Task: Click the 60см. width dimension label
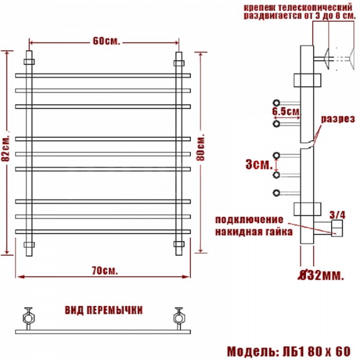pyautogui.click(x=106, y=41)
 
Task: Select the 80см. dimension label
pyautogui.click(x=200, y=147)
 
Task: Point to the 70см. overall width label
pyautogui.click(x=105, y=271)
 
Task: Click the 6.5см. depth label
pyautogui.click(x=286, y=112)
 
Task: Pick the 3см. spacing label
pyautogui.click(x=259, y=164)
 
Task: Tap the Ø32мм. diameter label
pyautogui.click(x=321, y=275)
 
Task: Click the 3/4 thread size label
pyautogui.click(x=337, y=215)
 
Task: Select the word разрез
pyautogui.click(x=338, y=119)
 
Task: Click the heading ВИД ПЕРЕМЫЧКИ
pyautogui.click(x=104, y=310)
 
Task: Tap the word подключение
pyautogui.click(x=249, y=220)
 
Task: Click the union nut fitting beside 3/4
pyautogui.click(x=337, y=228)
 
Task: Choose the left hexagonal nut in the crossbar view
pyautogui.click(x=28, y=319)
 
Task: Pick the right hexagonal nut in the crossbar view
pyautogui.click(x=179, y=319)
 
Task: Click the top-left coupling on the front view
pyautogui.click(x=29, y=62)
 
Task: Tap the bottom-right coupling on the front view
pyautogui.click(x=179, y=244)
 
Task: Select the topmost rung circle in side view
pyautogui.click(x=276, y=103)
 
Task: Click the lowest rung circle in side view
pyautogui.click(x=276, y=193)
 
